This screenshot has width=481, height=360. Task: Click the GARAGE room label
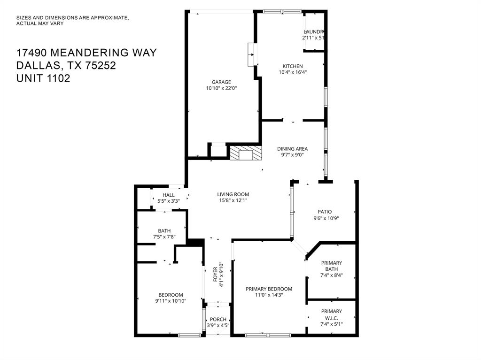(221, 82)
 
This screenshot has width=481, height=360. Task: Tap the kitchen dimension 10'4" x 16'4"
(292, 72)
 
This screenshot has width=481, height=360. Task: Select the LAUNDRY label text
(314, 31)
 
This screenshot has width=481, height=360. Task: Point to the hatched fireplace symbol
(244, 153)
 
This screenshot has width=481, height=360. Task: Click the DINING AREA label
(292, 149)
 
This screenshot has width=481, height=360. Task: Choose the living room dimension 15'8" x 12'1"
(233, 200)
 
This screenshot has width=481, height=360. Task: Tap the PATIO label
(323, 212)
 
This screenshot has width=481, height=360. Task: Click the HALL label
(169, 195)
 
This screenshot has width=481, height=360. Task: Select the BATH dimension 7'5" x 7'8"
(164, 237)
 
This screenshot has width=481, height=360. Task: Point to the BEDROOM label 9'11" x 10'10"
(171, 295)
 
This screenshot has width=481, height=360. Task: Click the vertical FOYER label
(216, 274)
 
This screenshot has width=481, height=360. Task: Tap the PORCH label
(218, 320)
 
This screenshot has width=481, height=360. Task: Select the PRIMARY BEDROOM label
(269, 289)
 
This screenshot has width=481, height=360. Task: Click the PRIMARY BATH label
(332, 266)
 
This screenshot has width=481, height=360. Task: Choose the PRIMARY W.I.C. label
(332, 314)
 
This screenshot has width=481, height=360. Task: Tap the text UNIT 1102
(43, 78)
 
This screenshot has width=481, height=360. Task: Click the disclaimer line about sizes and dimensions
(72, 18)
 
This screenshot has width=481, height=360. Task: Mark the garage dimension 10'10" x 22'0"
(221, 88)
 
